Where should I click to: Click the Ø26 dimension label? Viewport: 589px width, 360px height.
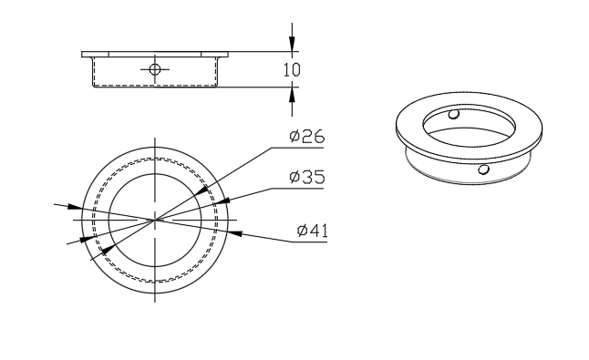[307, 136]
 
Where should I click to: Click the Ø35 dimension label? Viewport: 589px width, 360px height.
[307, 177]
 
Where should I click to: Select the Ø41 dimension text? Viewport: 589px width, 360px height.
[312, 230]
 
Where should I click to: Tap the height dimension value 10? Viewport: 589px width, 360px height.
[292, 70]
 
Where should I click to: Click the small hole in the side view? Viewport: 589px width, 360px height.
[155, 69]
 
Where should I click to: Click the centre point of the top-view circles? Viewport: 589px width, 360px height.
[155, 220]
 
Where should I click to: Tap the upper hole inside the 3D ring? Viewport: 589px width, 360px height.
[454, 114]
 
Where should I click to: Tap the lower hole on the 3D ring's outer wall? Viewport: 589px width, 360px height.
[483, 170]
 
